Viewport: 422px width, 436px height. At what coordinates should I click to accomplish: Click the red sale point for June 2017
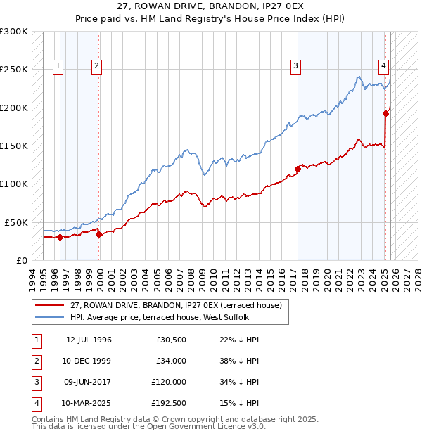(298, 169)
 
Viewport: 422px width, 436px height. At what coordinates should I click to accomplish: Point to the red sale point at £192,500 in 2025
(386, 113)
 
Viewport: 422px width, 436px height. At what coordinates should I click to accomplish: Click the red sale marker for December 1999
(98, 234)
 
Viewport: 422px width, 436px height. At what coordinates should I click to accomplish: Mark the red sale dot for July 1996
(60, 237)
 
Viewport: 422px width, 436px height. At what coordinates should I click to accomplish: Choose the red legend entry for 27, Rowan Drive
(175, 305)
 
